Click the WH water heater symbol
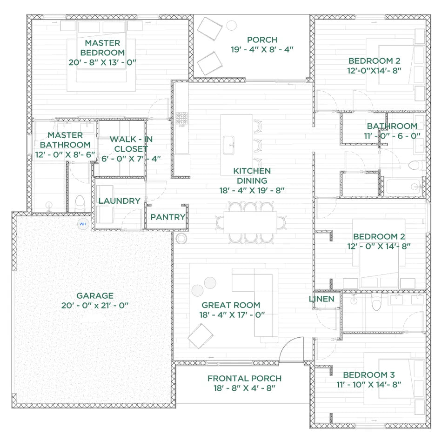point(83,224)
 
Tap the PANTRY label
point(167,217)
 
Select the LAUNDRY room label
point(119,201)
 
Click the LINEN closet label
point(321,299)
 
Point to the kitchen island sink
point(229,145)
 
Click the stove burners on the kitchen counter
point(181,118)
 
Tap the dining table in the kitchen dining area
point(250,222)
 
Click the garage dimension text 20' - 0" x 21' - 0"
point(95,306)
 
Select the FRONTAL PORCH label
point(244,379)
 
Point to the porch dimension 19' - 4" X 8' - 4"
point(262,50)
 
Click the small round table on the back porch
point(231,26)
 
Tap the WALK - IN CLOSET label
point(131,144)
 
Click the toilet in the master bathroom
point(80,203)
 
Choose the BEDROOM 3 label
point(368,375)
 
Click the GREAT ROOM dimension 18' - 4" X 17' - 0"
point(232,315)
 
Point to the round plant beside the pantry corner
point(181,238)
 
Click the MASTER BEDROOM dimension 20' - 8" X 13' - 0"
point(102,62)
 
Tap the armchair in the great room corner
point(201,336)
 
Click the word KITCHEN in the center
point(252,171)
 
